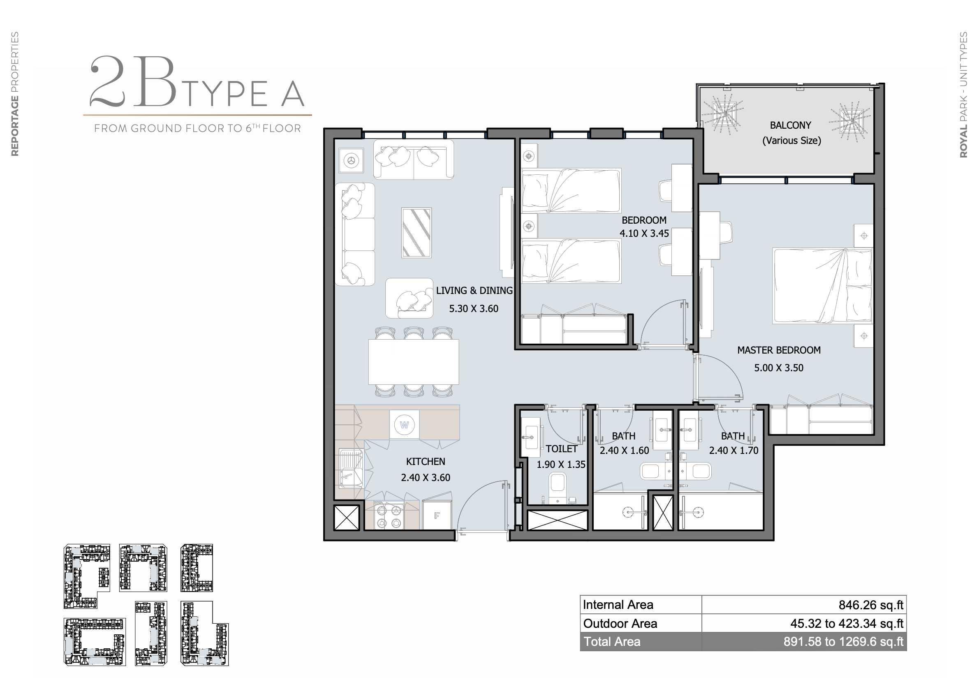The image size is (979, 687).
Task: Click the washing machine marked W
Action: (404, 425)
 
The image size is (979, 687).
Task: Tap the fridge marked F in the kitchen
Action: (437, 516)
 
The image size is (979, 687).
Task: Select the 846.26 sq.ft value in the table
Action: (871, 605)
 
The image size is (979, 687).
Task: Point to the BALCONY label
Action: (790, 125)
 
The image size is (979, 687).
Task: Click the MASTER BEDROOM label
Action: (779, 350)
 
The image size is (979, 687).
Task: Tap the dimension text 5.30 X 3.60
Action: (473, 309)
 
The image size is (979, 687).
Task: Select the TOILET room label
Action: (562, 449)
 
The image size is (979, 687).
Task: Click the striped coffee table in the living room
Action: (416, 233)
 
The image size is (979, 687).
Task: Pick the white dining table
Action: (414, 362)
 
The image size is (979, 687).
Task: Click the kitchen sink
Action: (351, 468)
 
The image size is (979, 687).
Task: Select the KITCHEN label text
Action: (425, 461)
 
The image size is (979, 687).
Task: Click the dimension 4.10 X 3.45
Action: (644, 233)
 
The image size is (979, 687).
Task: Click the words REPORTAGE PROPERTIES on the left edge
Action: (15, 94)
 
